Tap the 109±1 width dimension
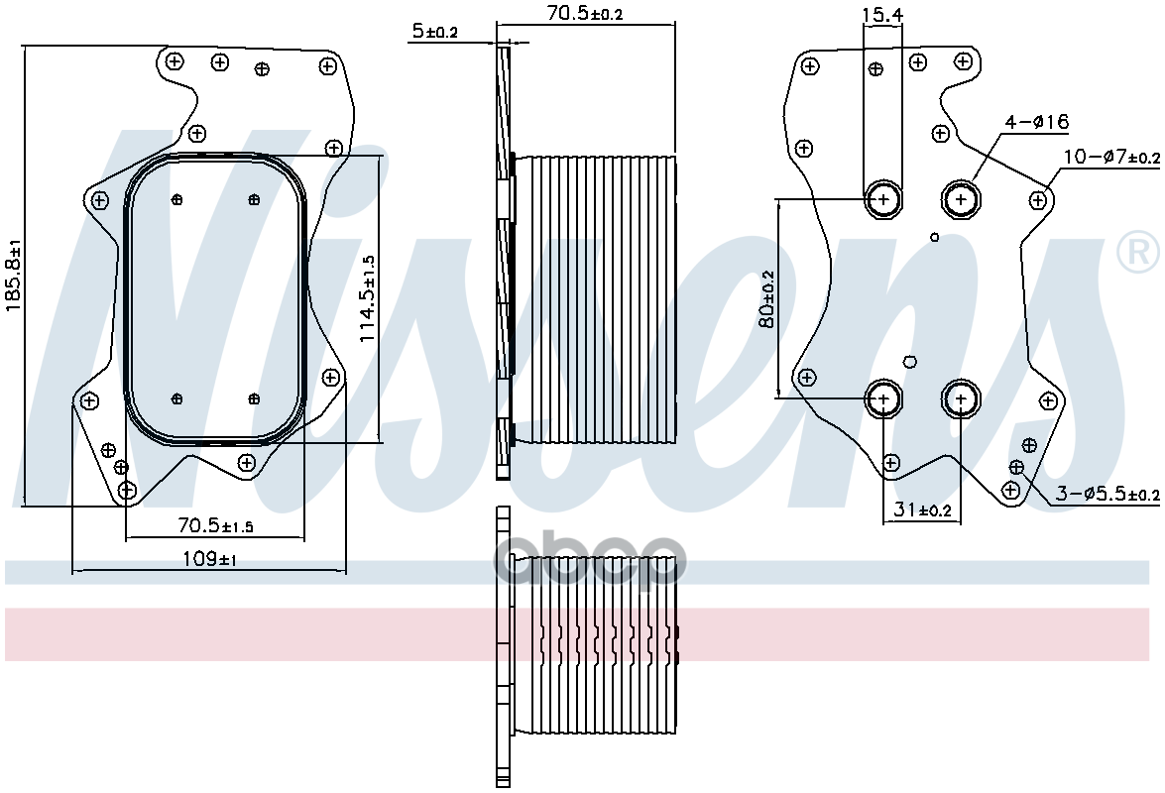209,558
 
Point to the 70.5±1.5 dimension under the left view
215,525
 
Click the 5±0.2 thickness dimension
435,31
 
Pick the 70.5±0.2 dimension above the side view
585,13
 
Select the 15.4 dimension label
882,14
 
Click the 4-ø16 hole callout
1036,122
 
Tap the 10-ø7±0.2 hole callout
1111,157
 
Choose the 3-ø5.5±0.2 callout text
1107,493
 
